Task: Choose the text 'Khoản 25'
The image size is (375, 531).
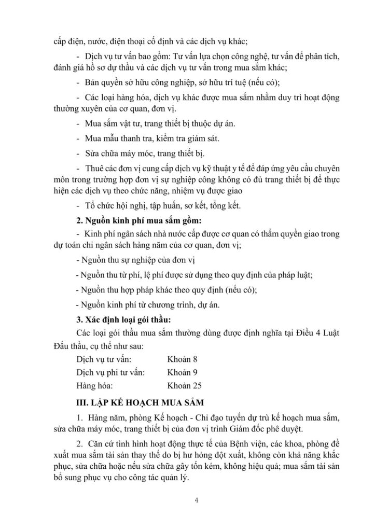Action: pos(185,385)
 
